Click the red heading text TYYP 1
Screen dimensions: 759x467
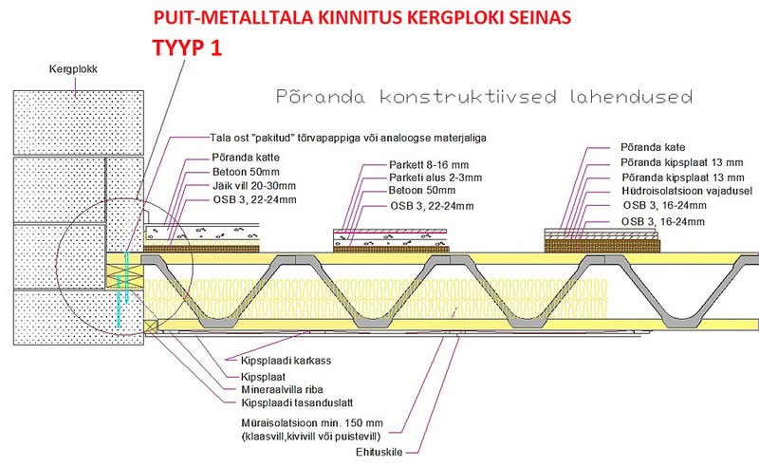[187, 48]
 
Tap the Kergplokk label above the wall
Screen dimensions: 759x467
[73, 69]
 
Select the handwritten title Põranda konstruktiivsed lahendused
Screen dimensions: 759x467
[484, 97]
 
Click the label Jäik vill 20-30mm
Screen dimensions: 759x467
[254, 185]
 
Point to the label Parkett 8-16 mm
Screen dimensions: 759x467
[429, 165]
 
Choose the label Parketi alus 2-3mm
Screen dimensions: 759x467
[435, 177]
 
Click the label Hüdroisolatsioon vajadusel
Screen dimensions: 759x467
[687, 191]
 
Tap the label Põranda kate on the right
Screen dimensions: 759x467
[653, 147]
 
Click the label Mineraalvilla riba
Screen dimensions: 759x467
[282, 389]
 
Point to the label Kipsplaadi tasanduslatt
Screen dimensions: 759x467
[297, 402]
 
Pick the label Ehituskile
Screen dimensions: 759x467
[379, 452]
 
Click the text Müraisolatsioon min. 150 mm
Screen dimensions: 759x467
[312, 423]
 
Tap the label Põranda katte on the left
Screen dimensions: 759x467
[246, 158]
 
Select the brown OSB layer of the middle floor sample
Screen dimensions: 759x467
[391, 249]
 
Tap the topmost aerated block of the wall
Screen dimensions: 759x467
[79, 122]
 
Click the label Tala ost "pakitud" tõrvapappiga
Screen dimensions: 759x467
[348, 138]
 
